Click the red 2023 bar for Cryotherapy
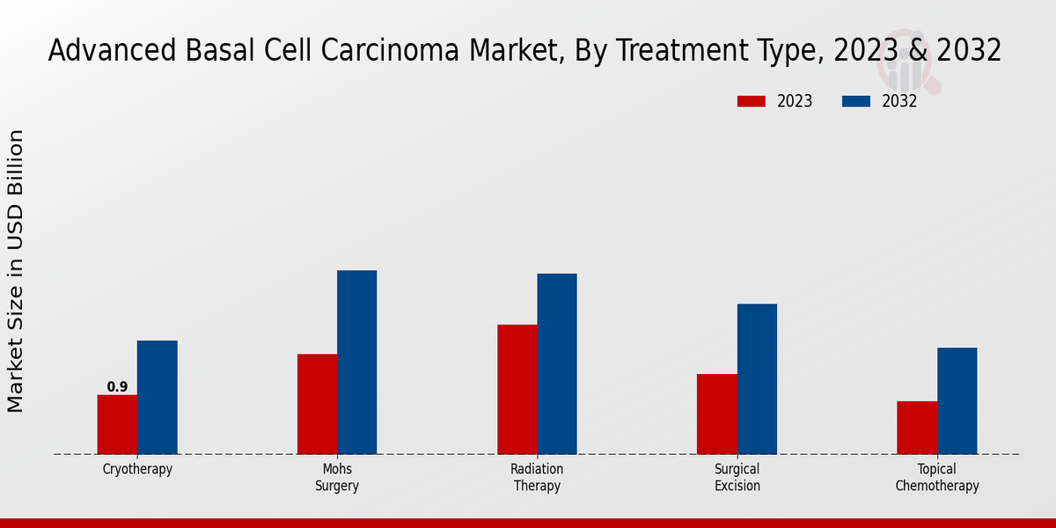(117, 424)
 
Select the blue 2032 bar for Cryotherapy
(157, 397)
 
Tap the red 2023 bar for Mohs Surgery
(317, 404)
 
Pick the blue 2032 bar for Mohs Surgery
(356, 362)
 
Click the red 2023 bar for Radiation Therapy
(517, 389)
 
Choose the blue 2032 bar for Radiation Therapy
(557, 363)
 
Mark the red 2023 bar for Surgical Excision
(716, 414)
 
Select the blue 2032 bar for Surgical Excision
(757, 378)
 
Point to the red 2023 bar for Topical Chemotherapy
(916, 428)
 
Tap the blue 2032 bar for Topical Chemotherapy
(957, 400)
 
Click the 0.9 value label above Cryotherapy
(117, 387)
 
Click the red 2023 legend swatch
(751, 101)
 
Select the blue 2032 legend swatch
(855, 101)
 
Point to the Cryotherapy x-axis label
(137, 469)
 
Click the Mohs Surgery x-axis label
(337, 477)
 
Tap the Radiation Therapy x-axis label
(537, 477)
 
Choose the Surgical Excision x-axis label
(737, 477)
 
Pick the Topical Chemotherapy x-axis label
(936, 477)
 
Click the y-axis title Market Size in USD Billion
(16, 271)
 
